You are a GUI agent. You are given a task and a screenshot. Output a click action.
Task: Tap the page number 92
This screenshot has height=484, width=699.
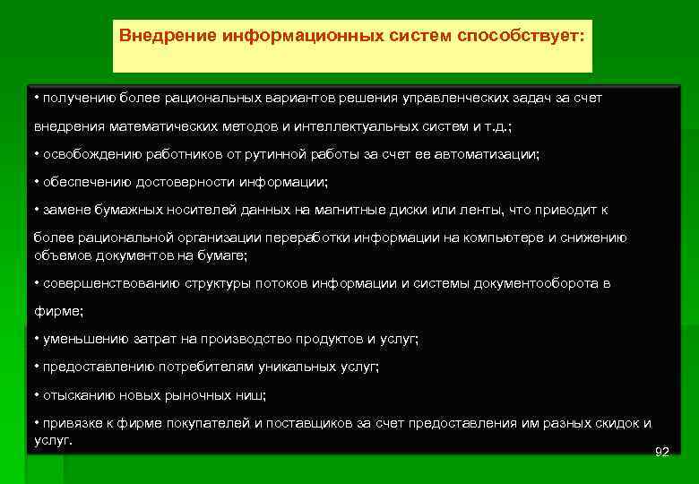[x=661, y=452]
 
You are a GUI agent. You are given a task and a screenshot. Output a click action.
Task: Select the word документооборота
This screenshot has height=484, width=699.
[x=533, y=283]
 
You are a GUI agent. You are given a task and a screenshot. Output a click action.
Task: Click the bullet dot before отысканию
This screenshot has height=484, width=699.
[x=36, y=394]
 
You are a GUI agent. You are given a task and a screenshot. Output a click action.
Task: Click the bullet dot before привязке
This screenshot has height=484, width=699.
[x=36, y=423]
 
